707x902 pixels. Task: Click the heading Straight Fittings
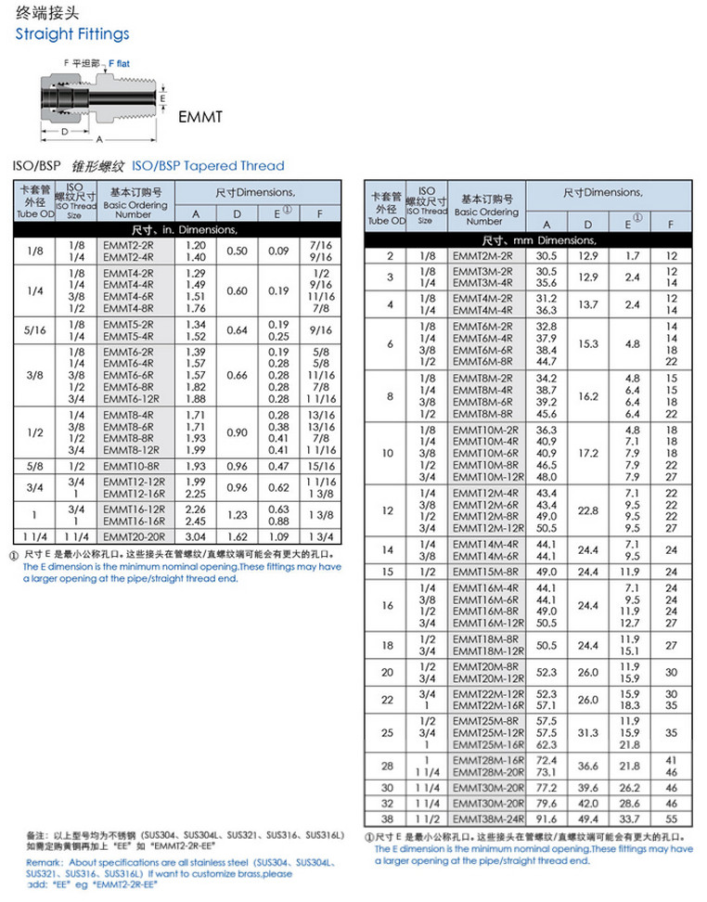click(x=72, y=34)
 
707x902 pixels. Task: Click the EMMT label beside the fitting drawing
click(x=202, y=118)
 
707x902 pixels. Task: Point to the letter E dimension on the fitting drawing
click(x=162, y=97)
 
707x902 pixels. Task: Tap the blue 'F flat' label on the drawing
click(x=122, y=63)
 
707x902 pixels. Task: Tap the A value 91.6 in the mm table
click(x=546, y=819)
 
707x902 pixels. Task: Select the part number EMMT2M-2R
click(x=482, y=255)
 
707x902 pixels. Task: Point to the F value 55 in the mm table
click(x=672, y=819)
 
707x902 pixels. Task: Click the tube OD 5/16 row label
click(x=34, y=329)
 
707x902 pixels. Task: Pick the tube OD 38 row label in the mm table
click(x=388, y=819)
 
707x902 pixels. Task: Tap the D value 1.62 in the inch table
click(x=238, y=535)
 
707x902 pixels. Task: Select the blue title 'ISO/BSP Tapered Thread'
click(x=208, y=166)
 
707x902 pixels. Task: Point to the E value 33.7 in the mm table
click(x=630, y=819)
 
